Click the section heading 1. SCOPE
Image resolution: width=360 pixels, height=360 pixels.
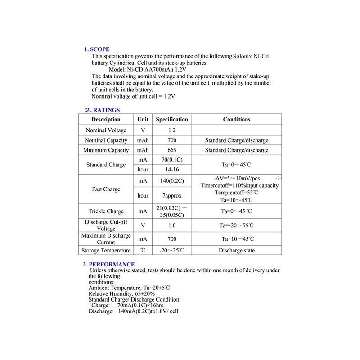tap(97, 49)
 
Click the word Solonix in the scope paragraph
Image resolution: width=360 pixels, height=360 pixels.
tap(246, 57)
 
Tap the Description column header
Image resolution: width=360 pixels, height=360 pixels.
tap(106, 120)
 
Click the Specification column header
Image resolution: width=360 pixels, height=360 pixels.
tap(172, 120)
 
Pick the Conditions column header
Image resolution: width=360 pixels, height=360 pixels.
tap(237, 120)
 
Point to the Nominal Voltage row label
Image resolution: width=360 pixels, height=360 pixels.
tap(106, 130)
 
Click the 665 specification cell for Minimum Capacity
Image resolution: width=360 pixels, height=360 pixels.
tap(172, 150)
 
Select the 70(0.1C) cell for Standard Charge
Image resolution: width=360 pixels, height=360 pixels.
tap(172, 160)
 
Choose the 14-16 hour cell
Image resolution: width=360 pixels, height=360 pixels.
tap(172, 170)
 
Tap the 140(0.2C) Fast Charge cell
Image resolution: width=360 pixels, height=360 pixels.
tap(172, 181)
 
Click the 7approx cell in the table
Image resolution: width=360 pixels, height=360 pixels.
tap(172, 196)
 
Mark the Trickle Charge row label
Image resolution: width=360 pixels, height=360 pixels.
tap(106, 211)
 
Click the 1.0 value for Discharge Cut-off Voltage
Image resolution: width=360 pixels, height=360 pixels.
tap(172, 225)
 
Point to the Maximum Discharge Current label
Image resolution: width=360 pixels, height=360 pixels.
tap(106, 239)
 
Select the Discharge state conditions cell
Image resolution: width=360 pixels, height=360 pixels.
tap(237, 251)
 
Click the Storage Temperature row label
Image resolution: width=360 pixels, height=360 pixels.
tap(106, 251)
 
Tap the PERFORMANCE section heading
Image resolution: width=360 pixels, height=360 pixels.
tap(112, 264)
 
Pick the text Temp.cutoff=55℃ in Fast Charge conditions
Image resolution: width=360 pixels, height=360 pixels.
tap(237, 193)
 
